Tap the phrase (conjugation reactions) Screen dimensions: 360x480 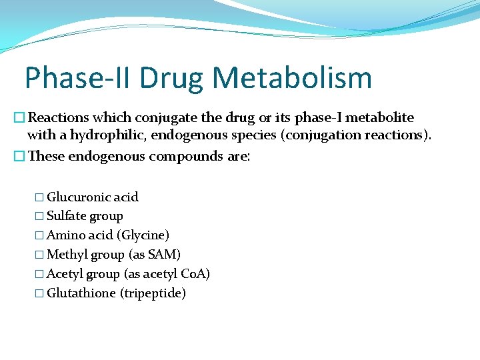(360, 135)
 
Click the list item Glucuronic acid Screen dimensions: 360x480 (93, 197)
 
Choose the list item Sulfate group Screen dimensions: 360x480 (85, 216)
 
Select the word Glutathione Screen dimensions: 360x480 (81, 293)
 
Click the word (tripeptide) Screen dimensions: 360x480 (153, 293)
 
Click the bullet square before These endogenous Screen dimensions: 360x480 (20, 157)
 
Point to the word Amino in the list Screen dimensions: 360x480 (64, 235)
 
